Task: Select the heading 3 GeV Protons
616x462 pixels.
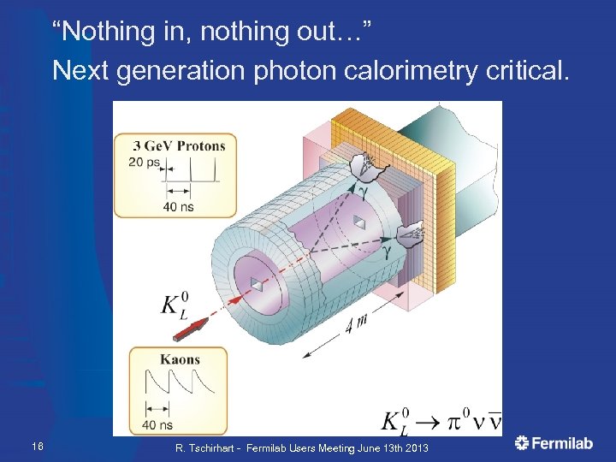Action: pyautogui.click(x=179, y=145)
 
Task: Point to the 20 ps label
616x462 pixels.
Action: pyautogui.click(x=143, y=163)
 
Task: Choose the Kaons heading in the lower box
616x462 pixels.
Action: pyautogui.click(x=181, y=360)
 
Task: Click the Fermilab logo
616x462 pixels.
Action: pyautogui.click(x=554, y=442)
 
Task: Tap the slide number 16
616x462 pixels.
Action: pyautogui.click(x=37, y=446)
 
